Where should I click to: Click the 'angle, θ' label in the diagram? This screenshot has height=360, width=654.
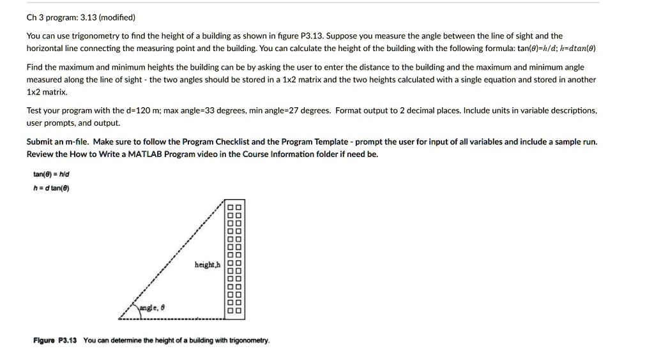(153, 307)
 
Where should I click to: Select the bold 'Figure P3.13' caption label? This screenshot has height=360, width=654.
(55, 340)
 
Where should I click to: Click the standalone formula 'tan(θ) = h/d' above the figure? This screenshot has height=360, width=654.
(52, 174)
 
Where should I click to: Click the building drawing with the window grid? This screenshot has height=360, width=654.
(234, 259)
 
